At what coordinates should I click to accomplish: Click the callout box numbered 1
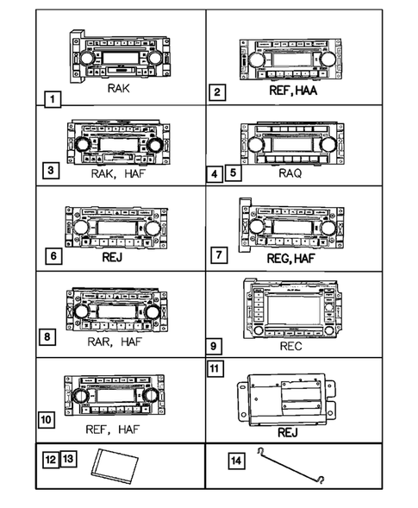pyautogui.click(x=53, y=99)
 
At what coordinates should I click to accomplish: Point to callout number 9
pyautogui.click(x=216, y=347)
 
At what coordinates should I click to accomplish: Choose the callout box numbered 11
pyautogui.click(x=217, y=368)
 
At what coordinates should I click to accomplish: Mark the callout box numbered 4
pyautogui.click(x=215, y=174)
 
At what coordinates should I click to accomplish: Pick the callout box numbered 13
pyautogui.click(x=69, y=461)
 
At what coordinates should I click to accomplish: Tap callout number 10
pyautogui.click(x=47, y=420)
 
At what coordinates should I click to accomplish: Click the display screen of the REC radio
pyautogui.click(x=297, y=308)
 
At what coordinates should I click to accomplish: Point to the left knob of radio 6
pyautogui.click(x=78, y=228)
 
